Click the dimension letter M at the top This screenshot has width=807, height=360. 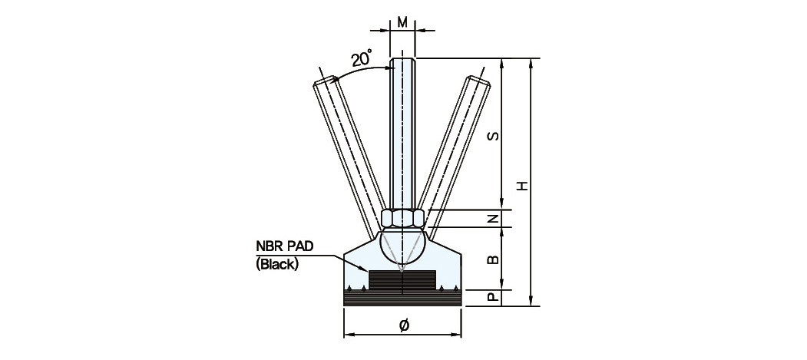coord(403,22)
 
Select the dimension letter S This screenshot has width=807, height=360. coord(493,136)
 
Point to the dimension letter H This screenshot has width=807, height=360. coord(524,185)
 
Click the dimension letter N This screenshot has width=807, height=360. coord(493,219)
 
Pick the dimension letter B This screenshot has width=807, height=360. coord(493,259)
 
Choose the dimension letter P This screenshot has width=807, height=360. coord(493,298)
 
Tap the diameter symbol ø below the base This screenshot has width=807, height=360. coord(404,325)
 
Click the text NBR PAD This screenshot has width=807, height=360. coord(285,246)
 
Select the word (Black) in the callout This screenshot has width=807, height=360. coord(277,265)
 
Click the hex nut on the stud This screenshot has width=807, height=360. coord(403,218)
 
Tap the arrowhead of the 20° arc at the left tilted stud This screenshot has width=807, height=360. coord(335,79)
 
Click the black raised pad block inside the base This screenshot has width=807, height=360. coord(402,280)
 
